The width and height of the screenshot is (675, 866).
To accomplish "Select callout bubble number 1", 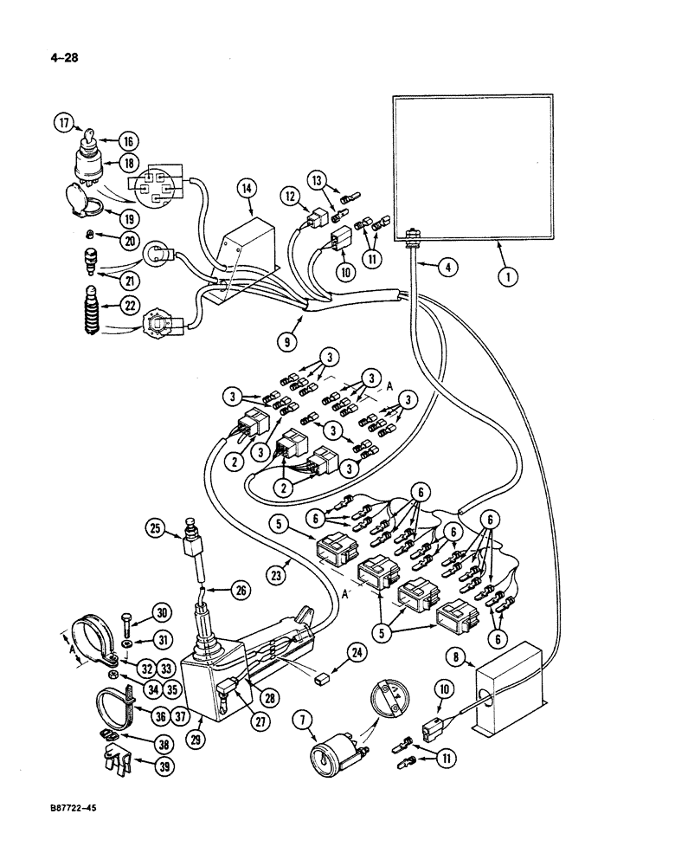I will click(x=507, y=278).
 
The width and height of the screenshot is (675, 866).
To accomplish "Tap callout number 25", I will click(x=156, y=527).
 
